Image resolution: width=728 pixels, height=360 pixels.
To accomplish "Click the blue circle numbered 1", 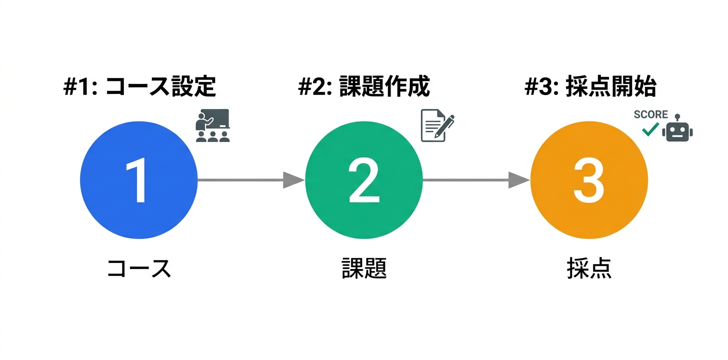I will point(138,180).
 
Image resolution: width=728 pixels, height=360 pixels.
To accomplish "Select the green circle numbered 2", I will point(363,180).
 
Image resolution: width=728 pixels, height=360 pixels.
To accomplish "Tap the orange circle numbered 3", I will point(588,180).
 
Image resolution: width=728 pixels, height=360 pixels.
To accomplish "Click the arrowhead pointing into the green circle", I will point(294,180).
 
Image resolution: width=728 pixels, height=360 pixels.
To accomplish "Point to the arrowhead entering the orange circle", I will point(519,180).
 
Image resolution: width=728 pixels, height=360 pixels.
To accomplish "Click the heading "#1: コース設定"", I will point(139,87).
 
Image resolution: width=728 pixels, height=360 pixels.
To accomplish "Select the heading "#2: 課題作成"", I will point(363,87).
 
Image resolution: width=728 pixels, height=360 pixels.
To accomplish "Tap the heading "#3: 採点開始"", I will point(590,87).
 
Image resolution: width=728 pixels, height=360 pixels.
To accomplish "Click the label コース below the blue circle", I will point(139,269).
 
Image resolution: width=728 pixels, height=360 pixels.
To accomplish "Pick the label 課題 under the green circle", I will point(363,269).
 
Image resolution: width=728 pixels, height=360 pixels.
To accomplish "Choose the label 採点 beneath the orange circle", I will point(589,269).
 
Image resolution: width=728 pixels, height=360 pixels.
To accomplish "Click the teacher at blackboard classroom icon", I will point(212,125).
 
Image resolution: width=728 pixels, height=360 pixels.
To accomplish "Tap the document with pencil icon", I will point(436,125).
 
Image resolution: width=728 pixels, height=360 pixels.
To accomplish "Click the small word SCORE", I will point(650,114).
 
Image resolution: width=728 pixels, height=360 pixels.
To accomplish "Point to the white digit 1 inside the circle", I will point(136,180).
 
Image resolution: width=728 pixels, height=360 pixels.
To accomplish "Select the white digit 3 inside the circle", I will point(588,180).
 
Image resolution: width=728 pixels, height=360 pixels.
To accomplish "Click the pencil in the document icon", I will point(445,125).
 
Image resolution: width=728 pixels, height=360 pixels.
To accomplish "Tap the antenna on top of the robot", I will point(677,118).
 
